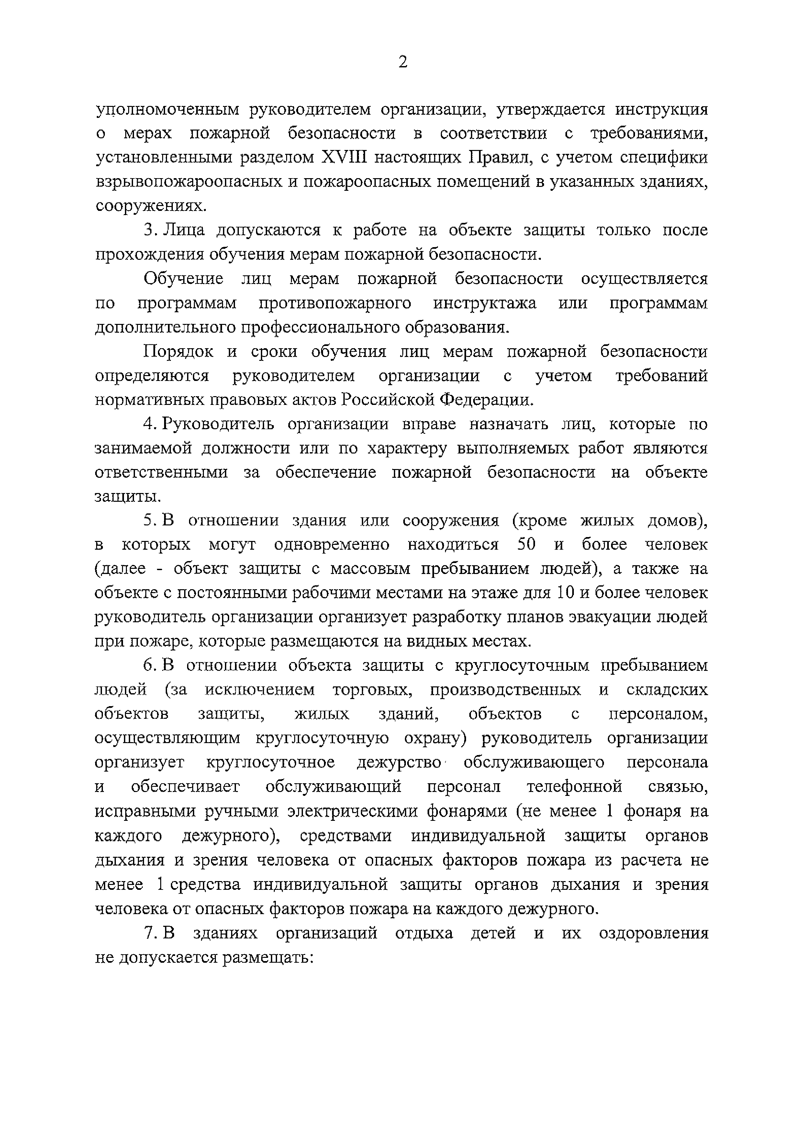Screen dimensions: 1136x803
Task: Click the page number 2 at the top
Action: (x=403, y=62)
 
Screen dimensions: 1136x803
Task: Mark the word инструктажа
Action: (x=485, y=303)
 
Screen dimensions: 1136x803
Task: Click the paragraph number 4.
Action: (x=149, y=424)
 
